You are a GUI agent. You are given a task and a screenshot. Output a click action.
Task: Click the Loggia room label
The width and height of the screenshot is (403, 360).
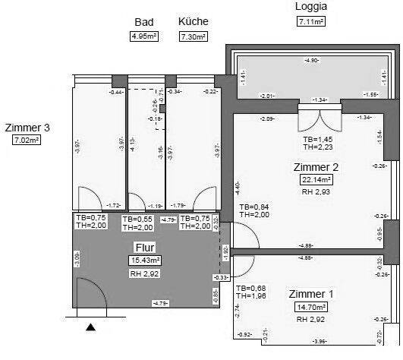click(x=311, y=7)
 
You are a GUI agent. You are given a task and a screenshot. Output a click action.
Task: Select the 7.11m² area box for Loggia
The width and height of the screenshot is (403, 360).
click(x=311, y=22)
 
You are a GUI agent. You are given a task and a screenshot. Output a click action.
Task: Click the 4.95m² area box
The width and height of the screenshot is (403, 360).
click(x=144, y=36)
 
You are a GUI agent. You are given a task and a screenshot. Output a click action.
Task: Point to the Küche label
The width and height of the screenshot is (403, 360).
click(x=194, y=22)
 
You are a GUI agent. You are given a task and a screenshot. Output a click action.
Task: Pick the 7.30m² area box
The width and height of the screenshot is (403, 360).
click(x=194, y=36)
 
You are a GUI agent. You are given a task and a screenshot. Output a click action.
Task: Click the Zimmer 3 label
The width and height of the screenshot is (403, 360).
click(x=27, y=127)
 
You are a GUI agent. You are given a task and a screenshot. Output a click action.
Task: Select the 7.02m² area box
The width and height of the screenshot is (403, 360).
click(x=27, y=141)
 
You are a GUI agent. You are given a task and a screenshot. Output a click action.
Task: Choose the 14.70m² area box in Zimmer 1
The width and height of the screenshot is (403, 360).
click(x=311, y=308)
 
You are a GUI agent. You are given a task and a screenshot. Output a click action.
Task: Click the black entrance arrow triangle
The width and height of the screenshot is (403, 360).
click(x=91, y=327)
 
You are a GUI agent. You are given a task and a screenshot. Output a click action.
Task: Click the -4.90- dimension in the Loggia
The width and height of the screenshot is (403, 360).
click(x=311, y=60)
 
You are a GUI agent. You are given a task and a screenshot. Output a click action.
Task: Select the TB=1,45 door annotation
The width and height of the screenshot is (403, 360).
click(x=318, y=140)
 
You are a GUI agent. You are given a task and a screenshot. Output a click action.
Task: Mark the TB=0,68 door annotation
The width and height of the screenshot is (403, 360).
click(x=251, y=289)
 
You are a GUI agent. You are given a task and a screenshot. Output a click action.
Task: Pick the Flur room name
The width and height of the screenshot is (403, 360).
click(x=144, y=247)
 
